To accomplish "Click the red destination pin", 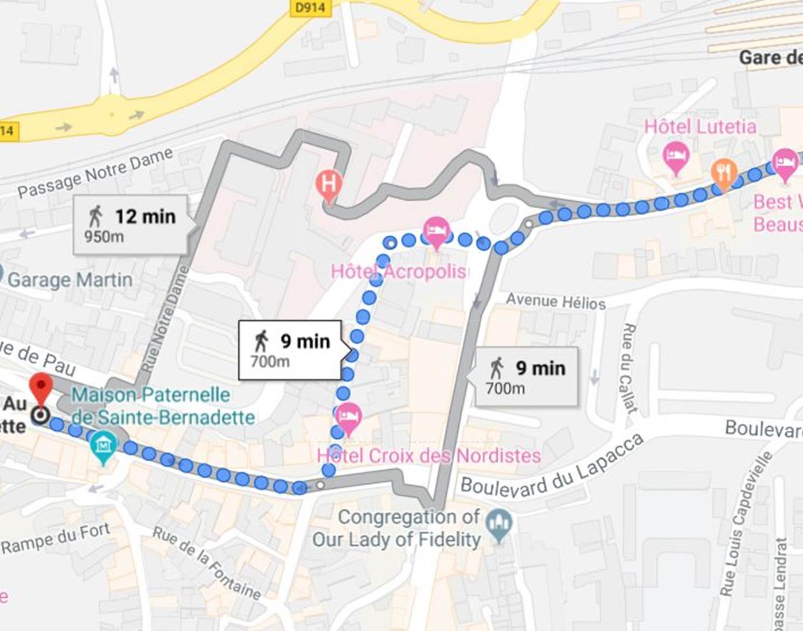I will (x=41, y=387).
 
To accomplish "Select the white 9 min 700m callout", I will (x=290, y=350).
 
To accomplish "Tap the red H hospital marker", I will (x=329, y=185).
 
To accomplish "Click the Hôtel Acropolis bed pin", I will (x=436, y=231).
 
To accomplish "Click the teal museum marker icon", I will (x=103, y=446).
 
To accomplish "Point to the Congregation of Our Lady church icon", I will (x=499, y=523).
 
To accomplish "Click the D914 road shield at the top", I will (x=310, y=7).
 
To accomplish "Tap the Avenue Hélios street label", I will (x=555, y=301).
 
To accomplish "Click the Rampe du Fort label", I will (x=55, y=539).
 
